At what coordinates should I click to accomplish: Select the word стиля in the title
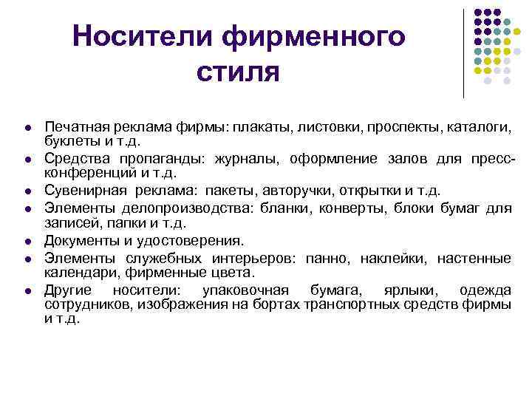(238, 72)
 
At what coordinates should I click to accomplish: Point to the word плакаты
(260, 128)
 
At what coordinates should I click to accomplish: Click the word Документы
(79, 240)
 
